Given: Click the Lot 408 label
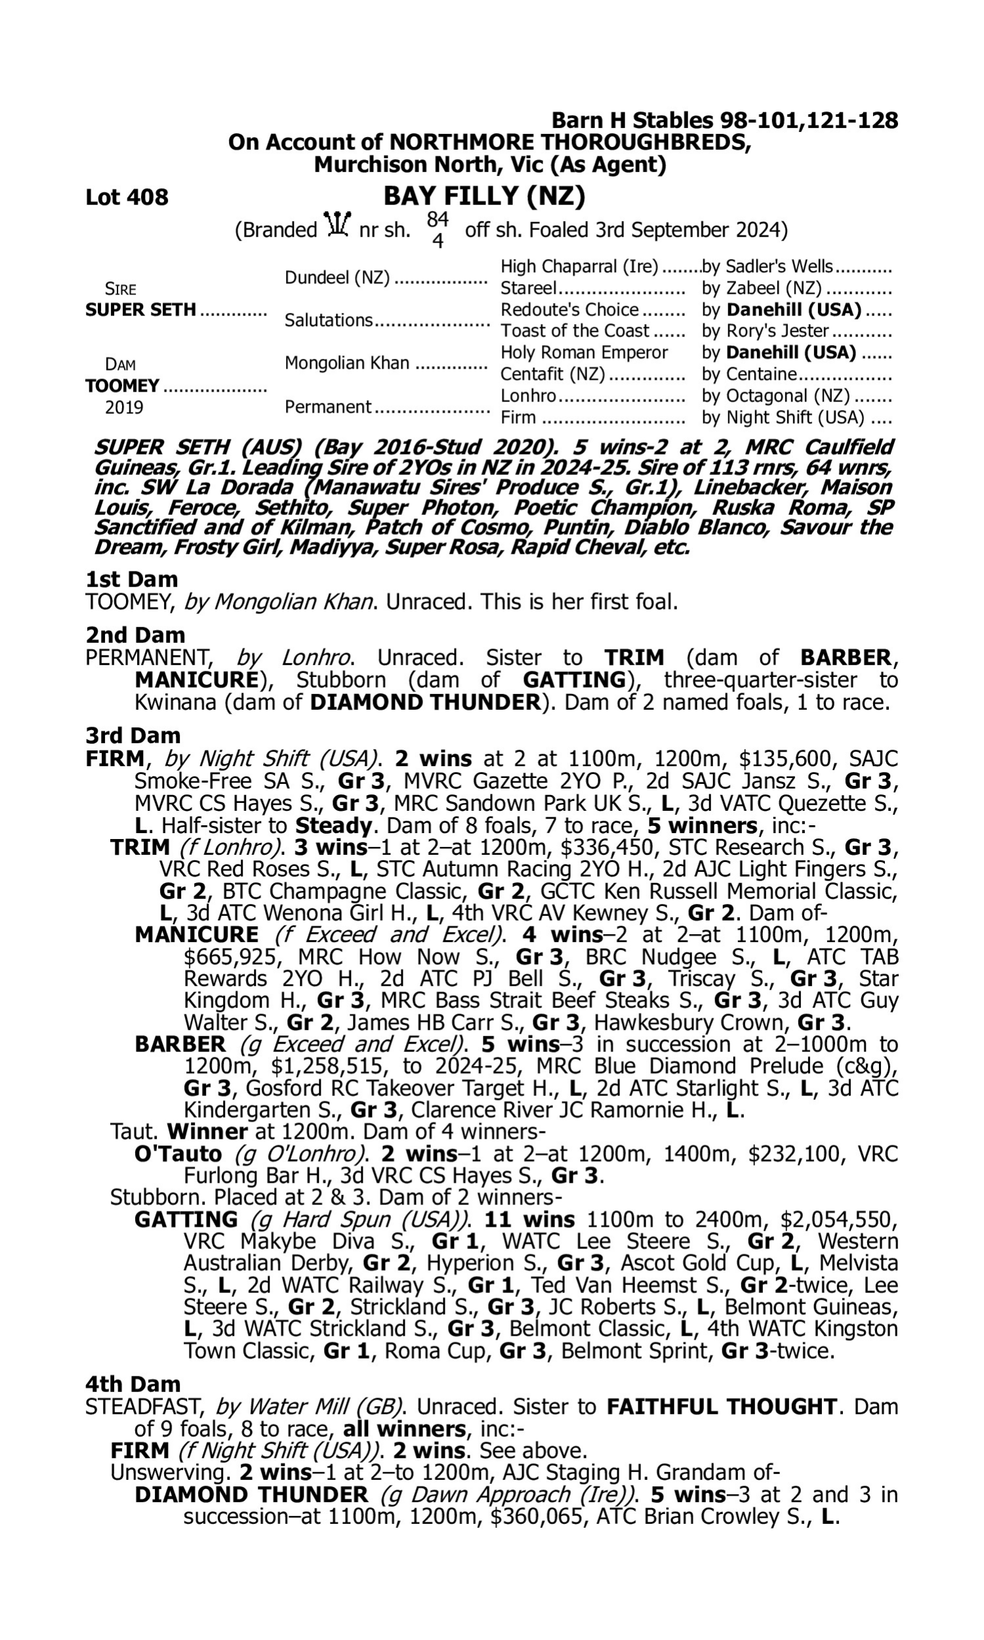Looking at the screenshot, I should tap(127, 197).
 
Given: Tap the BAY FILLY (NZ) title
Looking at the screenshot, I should tap(484, 196).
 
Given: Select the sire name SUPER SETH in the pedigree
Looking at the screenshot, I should tap(140, 310).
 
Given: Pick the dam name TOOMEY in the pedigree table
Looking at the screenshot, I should tap(122, 386).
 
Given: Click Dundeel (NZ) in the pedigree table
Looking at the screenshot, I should tap(337, 277).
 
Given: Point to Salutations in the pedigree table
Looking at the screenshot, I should tap(328, 320).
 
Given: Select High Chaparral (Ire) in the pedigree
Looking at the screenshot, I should tap(579, 266).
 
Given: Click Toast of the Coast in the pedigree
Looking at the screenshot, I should tap(575, 331).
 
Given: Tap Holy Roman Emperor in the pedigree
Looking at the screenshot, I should tap(583, 352).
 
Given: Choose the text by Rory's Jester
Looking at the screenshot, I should tap(765, 331).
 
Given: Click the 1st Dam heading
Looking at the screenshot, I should tap(131, 579).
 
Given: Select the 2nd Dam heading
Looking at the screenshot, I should tap(134, 635).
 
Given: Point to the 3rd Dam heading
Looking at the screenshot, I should tap(133, 735).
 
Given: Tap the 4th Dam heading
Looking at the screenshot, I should tap(133, 1384).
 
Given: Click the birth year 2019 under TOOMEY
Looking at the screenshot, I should tap(124, 407).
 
